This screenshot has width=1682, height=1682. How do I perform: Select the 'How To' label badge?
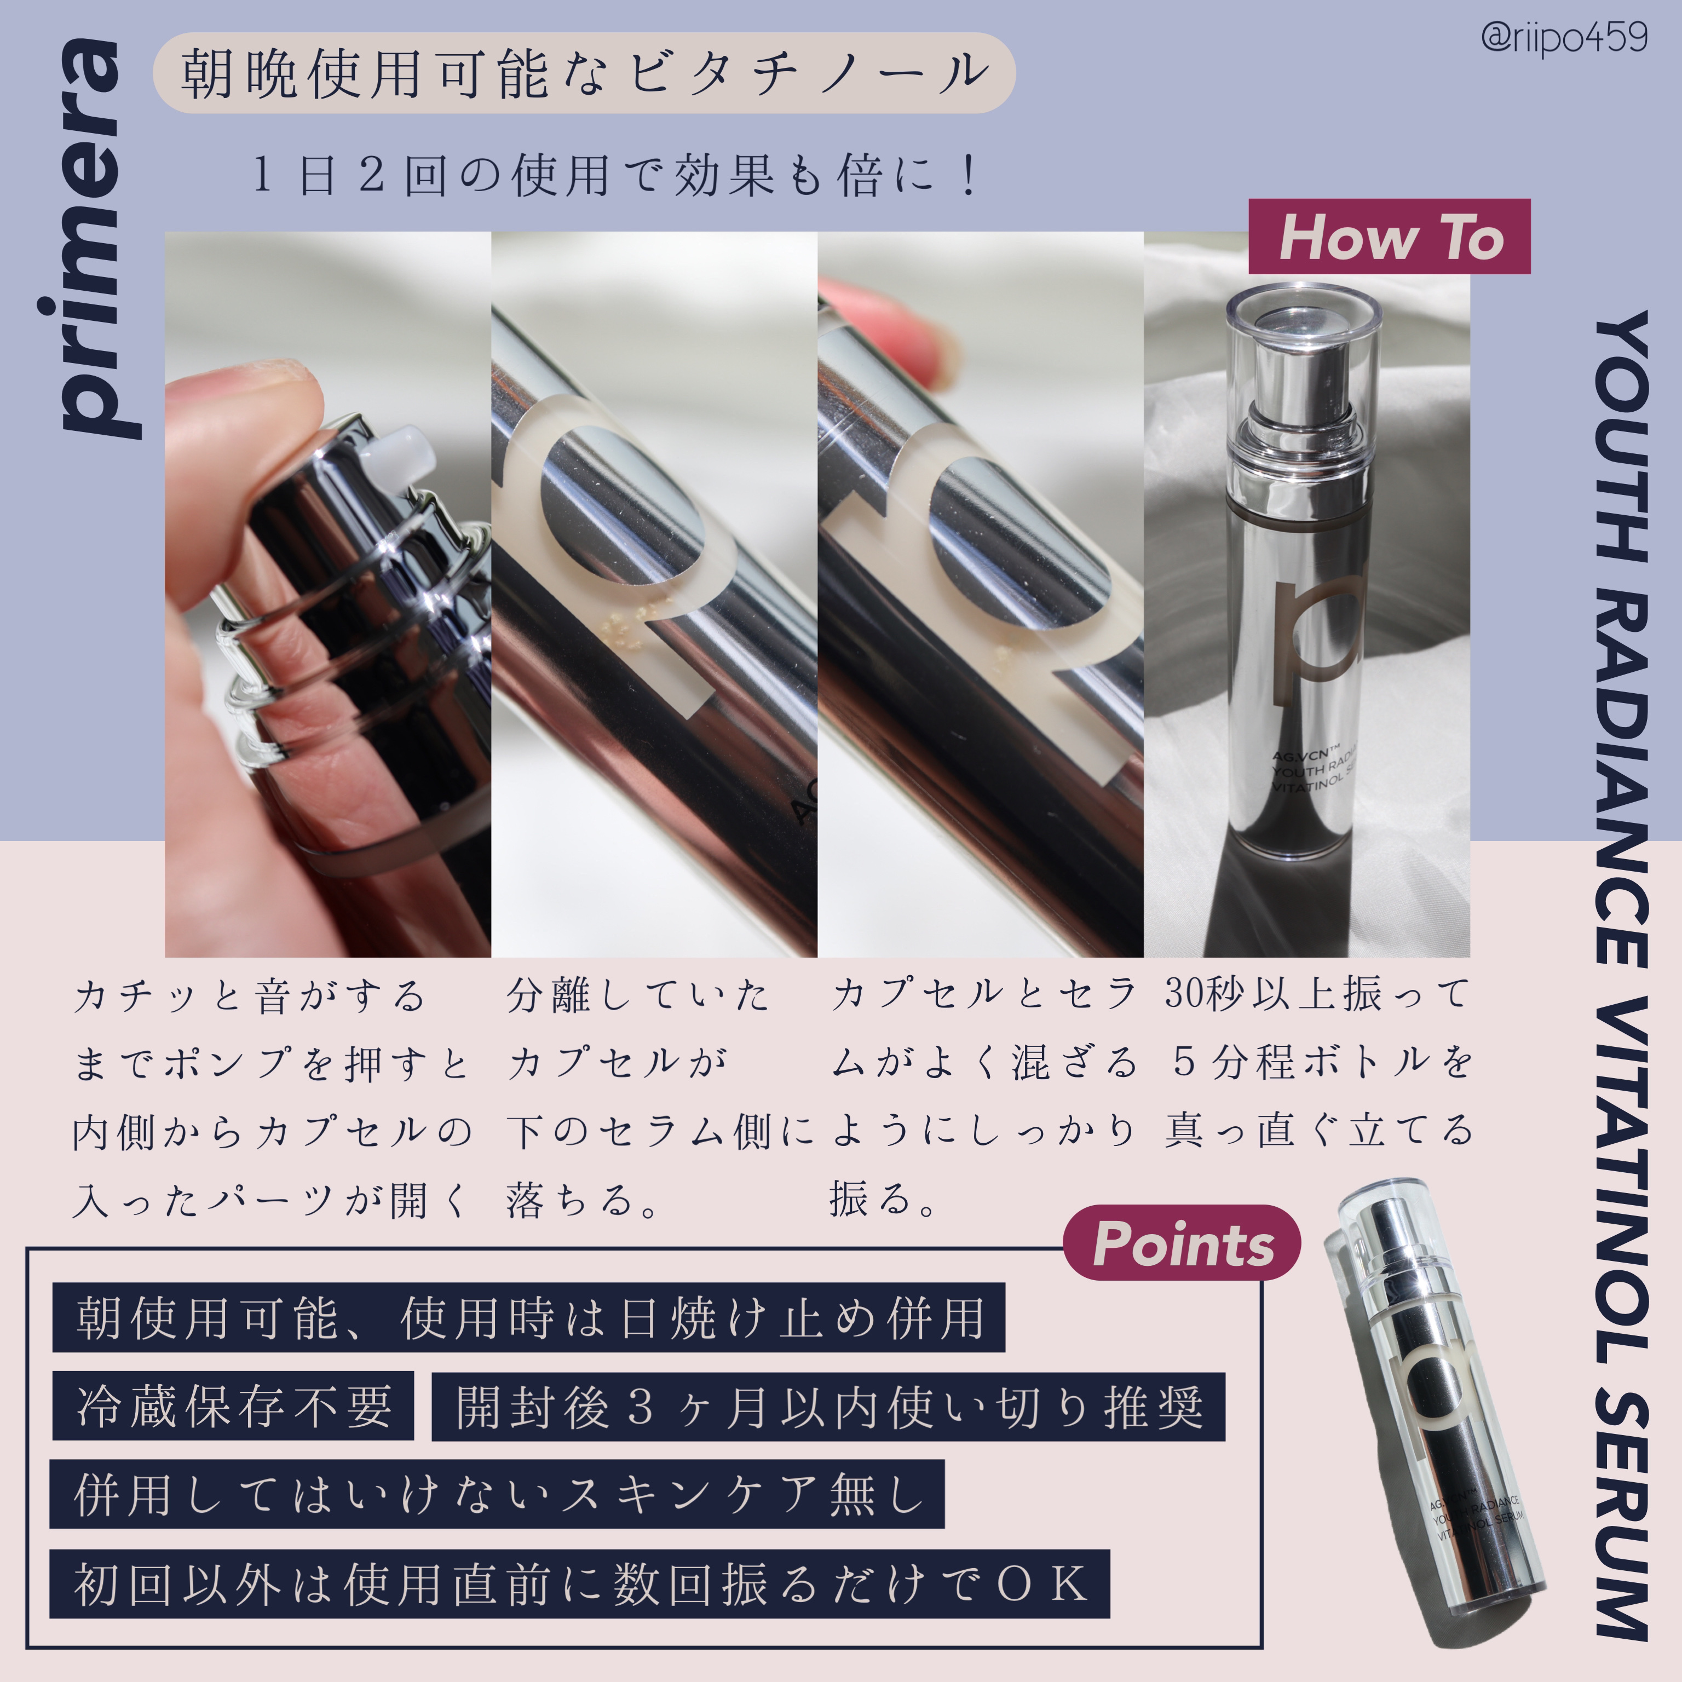coord(1390,237)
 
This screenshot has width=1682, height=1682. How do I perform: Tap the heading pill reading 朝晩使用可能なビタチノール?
coord(584,73)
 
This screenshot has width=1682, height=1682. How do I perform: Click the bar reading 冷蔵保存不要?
coord(233,1406)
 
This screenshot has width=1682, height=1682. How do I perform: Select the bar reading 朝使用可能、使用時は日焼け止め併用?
coord(528,1317)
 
